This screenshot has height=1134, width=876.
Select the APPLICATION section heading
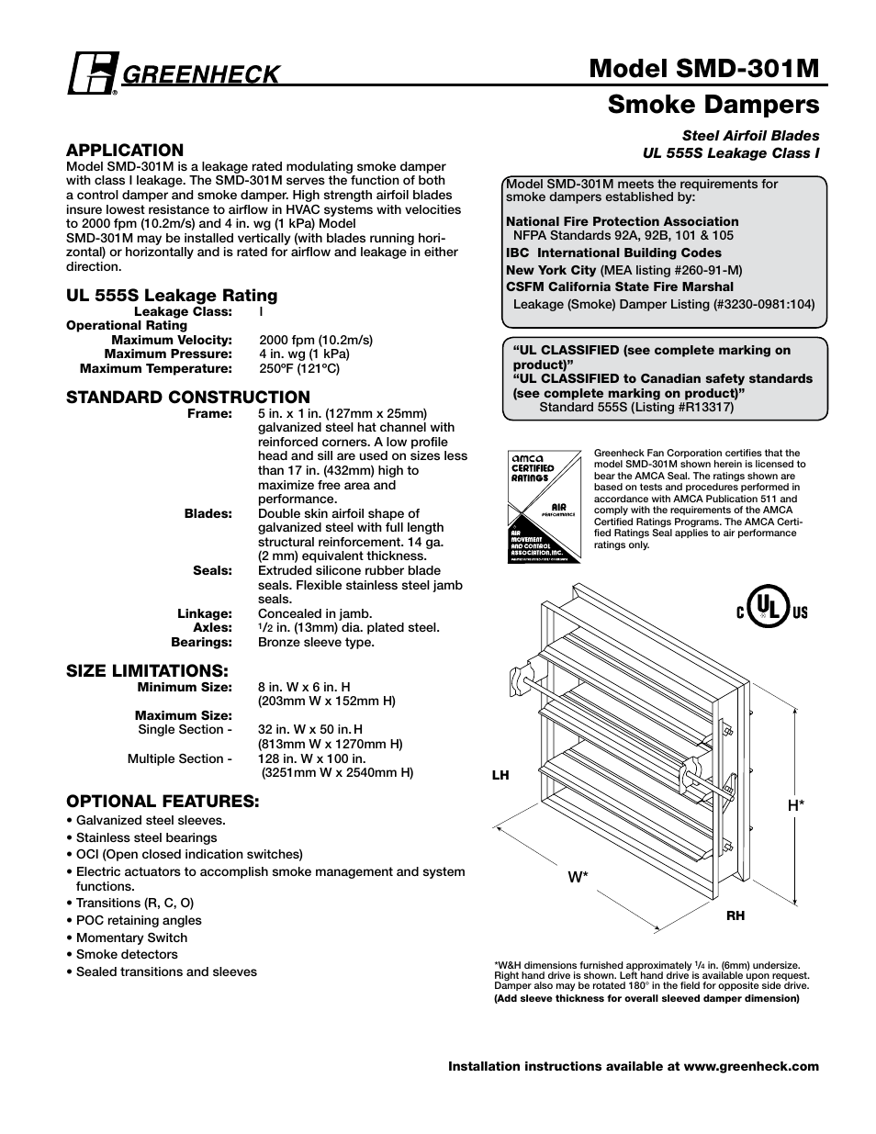tap(125, 150)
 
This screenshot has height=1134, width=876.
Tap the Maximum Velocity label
tap(172, 340)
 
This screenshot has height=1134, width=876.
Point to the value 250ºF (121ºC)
tap(299, 368)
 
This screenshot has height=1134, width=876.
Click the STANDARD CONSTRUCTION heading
tap(187, 397)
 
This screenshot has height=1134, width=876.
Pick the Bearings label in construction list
tap(201, 642)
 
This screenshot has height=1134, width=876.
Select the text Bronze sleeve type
tap(316, 642)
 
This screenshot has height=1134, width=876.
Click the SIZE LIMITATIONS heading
tap(147, 670)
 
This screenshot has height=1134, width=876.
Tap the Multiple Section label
tap(179, 758)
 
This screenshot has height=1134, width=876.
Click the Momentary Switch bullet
tap(131, 938)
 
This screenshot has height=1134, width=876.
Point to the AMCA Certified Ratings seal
tap(544, 508)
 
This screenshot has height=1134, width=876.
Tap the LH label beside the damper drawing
tap(500, 776)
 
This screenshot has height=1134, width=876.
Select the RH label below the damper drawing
tap(736, 915)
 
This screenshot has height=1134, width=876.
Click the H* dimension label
tap(796, 805)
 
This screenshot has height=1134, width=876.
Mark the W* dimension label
tap(578, 877)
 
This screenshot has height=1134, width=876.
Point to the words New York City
tap(551, 270)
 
